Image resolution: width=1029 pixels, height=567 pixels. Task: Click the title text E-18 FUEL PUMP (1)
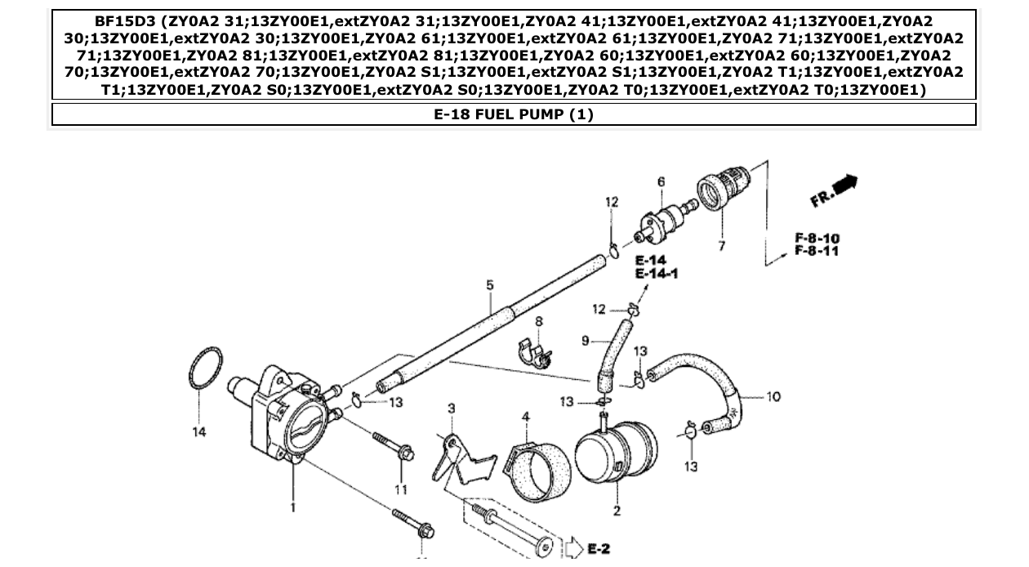click(x=514, y=114)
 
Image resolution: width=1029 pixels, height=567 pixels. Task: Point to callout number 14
click(x=199, y=432)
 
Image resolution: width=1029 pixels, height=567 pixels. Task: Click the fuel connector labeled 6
click(x=664, y=220)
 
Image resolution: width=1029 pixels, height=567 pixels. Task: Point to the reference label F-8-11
click(x=817, y=252)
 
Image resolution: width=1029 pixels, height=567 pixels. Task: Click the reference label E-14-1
click(x=657, y=274)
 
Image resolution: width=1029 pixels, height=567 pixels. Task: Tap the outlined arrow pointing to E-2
click(x=574, y=547)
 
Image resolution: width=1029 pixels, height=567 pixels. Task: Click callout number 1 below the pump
click(x=293, y=507)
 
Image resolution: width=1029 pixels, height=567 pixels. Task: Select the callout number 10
click(x=773, y=397)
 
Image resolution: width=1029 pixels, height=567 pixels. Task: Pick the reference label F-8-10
click(x=817, y=239)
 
